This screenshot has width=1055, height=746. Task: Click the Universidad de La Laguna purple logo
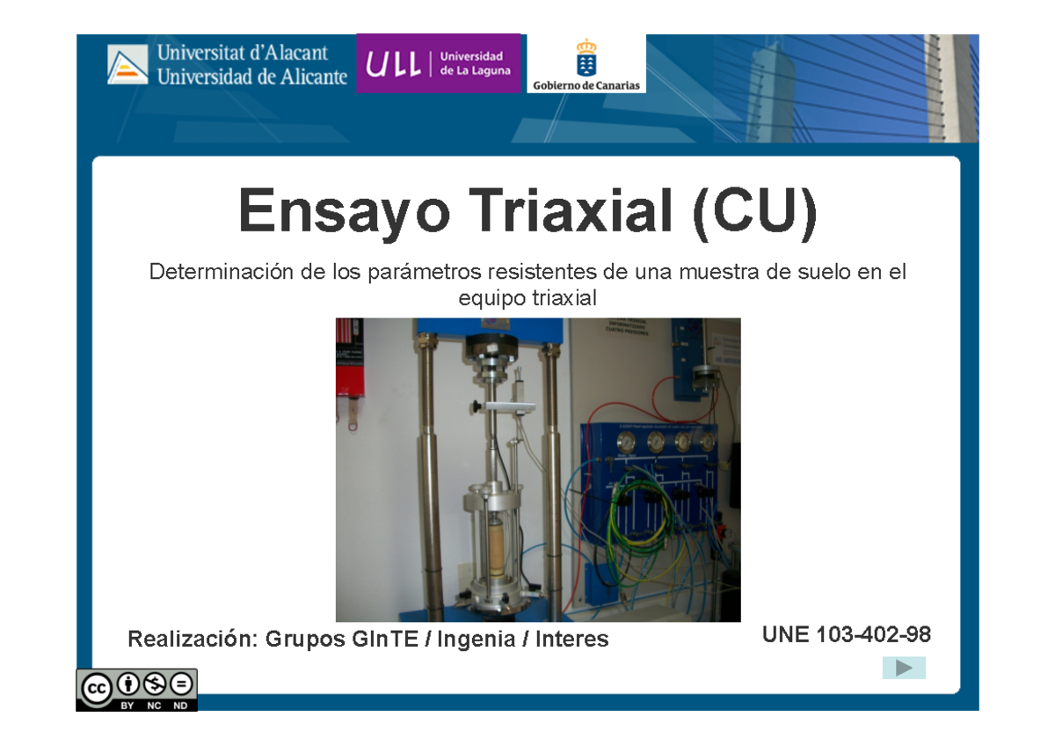[x=438, y=63]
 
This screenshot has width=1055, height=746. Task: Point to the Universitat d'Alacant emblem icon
[x=127, y=65]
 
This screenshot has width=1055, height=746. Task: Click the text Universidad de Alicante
[x=252, y=77]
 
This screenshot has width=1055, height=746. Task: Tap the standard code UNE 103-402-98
[x=846, y=634]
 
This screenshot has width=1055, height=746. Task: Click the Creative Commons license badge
[x=136, y=689]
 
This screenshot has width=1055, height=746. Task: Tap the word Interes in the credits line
[x=572, y=640]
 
